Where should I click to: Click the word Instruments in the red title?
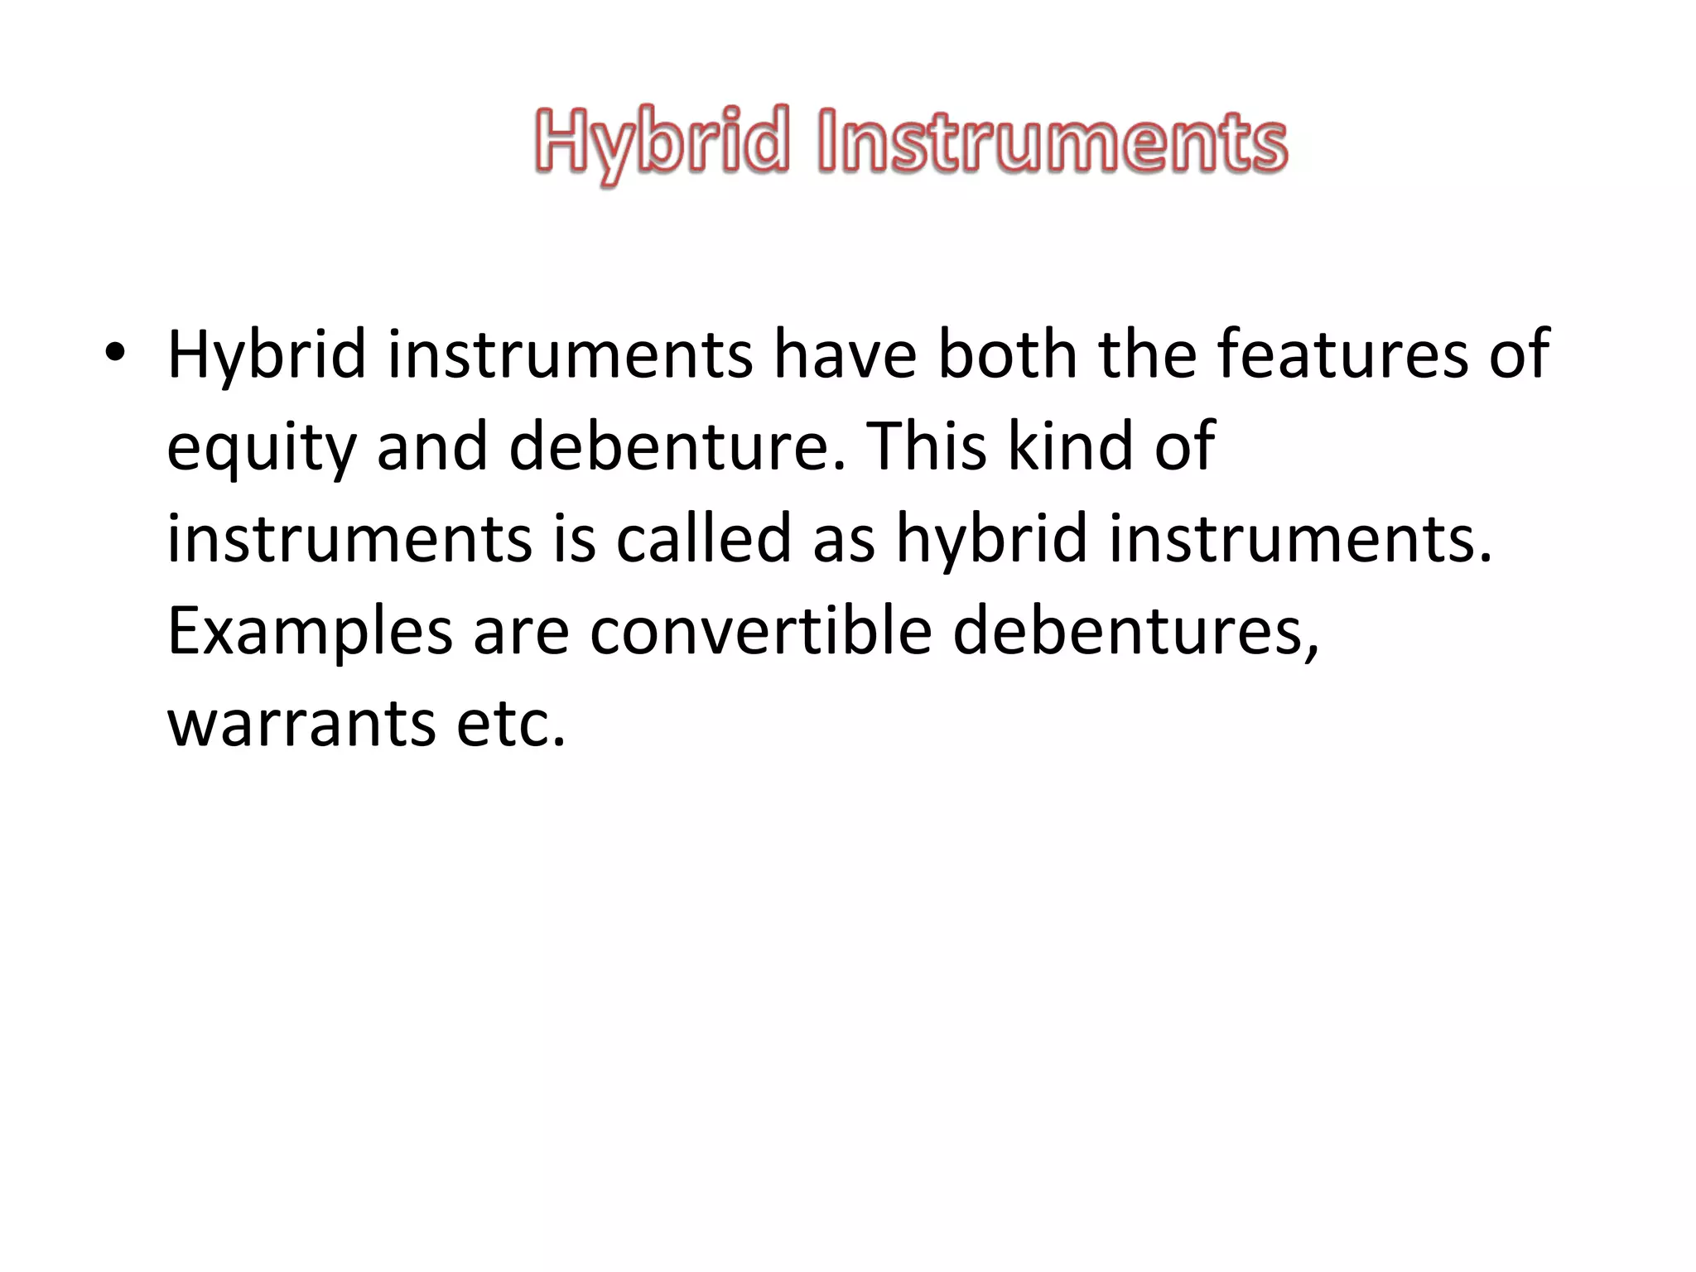pyautogui.click(x=1052, y=142)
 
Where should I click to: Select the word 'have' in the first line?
pyautogui.click(x=845, y=354)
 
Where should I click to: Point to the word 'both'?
pyautogui.click(x=1007, y=354)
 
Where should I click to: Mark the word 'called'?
pyautogui.click(x=704, y=539)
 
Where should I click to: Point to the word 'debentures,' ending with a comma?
pyautogui.click(x=1135, y=631)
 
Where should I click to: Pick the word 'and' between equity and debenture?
pyautogui.click(x=432, y=447)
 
